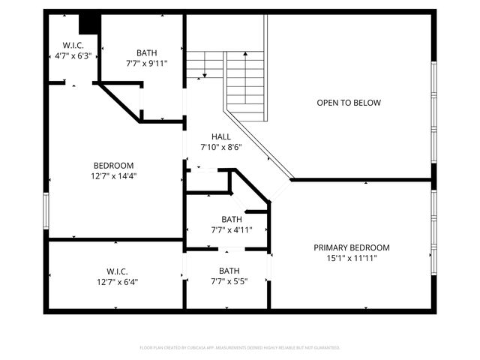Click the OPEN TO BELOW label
[349, 103]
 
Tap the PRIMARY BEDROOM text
[352, 247]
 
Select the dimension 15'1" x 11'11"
[352, 258]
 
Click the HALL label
[221, 136]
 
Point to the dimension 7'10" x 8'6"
[221, 147]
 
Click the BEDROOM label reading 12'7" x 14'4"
[113, 166]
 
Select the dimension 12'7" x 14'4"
[113, 176]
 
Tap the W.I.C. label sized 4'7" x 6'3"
[73, 45]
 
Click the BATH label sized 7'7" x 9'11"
[147, 52]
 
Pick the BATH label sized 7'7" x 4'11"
[232, 220]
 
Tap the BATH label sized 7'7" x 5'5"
[229, 271]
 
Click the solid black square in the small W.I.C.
[89, 24]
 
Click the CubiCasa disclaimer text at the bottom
[240, 348]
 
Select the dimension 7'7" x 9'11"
[147, 63]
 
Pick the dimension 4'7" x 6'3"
[73, 55]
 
